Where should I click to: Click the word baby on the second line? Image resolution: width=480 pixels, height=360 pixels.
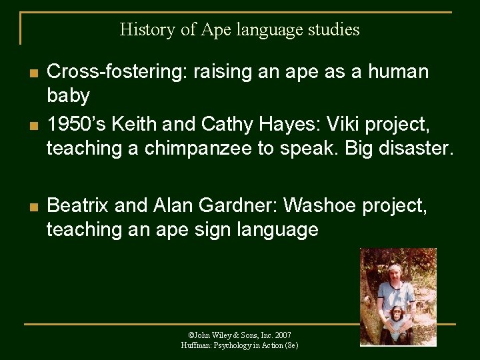(x=68, y=96)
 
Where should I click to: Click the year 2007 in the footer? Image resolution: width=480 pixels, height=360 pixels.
(x=282, y=335)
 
